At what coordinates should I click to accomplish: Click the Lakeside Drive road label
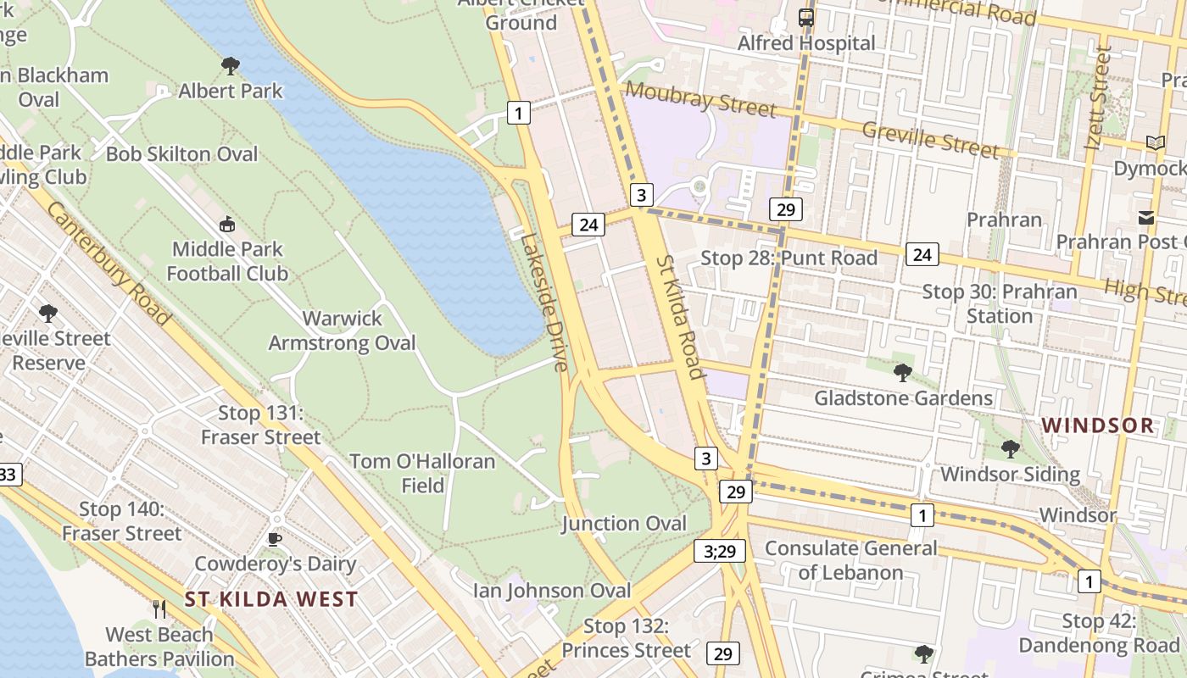543,303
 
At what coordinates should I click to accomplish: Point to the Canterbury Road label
109,263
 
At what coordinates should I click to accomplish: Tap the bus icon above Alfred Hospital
805,17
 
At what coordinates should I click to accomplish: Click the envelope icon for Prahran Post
1146,218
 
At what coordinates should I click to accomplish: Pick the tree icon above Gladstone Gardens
903,372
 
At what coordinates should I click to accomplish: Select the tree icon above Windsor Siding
1010,448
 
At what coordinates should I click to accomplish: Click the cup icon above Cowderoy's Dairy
275,539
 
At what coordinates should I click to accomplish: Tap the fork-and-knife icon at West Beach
159,609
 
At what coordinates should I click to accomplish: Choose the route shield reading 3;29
720,551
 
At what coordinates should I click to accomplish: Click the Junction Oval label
624,524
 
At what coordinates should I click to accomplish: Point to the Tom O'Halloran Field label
422,473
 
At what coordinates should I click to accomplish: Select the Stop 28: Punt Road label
789,258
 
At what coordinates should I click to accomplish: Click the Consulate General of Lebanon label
851,560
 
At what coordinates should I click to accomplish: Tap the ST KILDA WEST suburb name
271,599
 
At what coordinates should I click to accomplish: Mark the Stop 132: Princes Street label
627,638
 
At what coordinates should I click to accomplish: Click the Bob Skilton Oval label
181,154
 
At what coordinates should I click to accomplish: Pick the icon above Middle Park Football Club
226,225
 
